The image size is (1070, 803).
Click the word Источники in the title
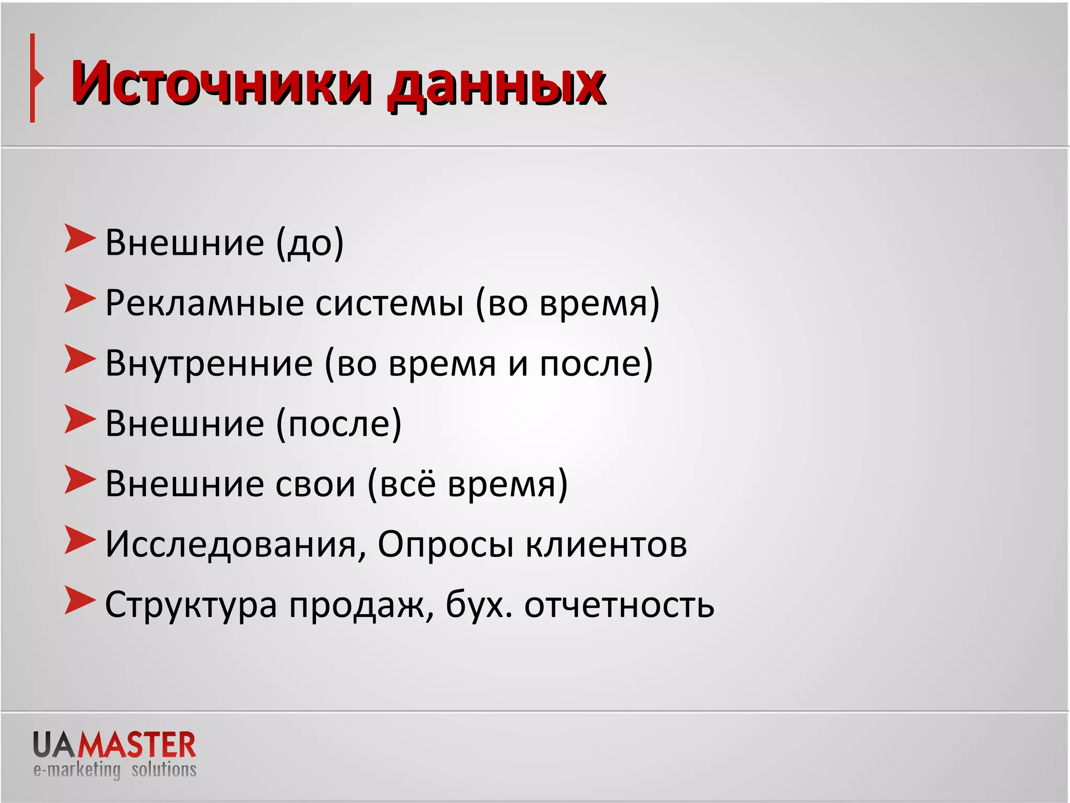[222, 84]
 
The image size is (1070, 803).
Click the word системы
[390, 303]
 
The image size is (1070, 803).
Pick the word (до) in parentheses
[310, 243]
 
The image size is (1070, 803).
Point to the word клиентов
[606, 544]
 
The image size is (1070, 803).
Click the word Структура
[191, 605]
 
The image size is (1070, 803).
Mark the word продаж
[360, 605]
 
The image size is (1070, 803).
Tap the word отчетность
[619, 605]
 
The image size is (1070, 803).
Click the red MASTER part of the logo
[137, 745]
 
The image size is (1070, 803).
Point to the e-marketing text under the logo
[77, 770]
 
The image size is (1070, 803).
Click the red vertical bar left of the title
[33, 78]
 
